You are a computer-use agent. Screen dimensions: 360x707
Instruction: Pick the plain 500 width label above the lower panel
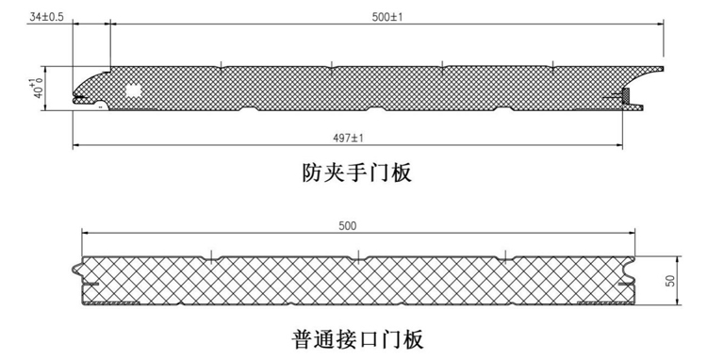(348, 225)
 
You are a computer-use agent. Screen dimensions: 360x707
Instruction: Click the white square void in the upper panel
(132, 90)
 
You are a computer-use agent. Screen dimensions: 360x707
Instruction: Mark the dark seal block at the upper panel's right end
(625, 95)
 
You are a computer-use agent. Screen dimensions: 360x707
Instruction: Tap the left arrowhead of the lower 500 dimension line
(86, 233)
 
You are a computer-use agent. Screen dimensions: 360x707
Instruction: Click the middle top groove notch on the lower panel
(358, 254)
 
